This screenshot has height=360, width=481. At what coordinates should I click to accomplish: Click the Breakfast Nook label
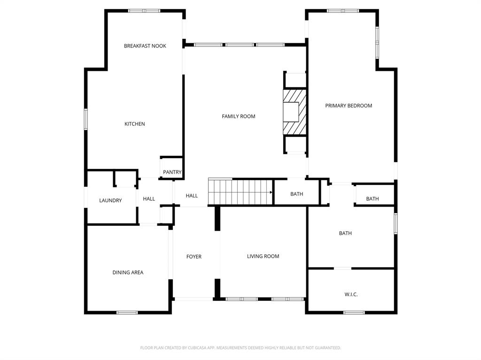[x=145, y=46]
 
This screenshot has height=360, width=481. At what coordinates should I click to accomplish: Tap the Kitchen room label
[x=135, y=124]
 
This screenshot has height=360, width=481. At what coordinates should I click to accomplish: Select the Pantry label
[x=172, y=172]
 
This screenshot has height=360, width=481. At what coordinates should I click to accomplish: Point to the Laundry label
[x=110, y=200]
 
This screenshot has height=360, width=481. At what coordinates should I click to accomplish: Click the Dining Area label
[x=128, y=272]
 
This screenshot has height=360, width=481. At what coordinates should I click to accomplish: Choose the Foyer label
[x=194, y=257]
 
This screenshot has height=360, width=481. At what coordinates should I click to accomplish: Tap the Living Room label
[x=263, y=256]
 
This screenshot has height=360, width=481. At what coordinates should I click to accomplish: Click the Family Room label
[x=239, y=116]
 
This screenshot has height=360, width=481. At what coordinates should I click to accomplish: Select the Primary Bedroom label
[x=349, y=106]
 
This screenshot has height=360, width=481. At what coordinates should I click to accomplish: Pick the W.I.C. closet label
[x=351, y=295]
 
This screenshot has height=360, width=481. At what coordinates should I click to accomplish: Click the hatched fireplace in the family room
[x=295, y=112]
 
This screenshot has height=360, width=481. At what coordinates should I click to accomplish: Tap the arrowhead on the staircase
[x=271, y=192]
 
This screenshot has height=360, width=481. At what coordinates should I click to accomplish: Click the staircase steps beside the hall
[x=240, y=192]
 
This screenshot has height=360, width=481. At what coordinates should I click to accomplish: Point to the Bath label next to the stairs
[x=297, y=194]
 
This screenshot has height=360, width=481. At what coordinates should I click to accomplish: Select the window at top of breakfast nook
[x=144, y=11]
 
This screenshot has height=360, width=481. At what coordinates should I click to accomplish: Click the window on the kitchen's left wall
[x=86, y=119]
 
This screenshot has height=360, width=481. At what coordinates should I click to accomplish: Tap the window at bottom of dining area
[x=127, y=313]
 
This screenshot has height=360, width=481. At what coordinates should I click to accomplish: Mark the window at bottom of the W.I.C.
[x=354, y=313]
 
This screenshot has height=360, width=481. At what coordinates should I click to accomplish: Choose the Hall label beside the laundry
[x=149, y=199]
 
